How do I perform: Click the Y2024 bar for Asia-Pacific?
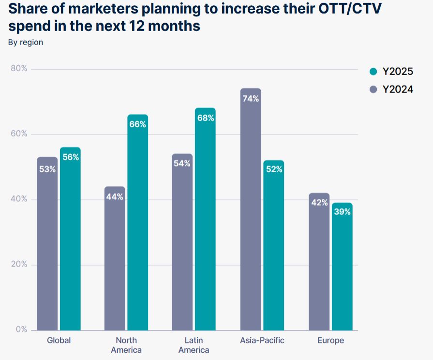point(251,218)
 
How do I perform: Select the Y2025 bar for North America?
point(138,232)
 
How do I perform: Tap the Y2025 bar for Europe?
point(342,271)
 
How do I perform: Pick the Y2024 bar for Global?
point(47,252)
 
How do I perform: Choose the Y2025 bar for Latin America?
point(205,227)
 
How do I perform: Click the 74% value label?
point(251,99)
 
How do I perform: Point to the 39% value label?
point(342,211)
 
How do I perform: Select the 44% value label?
point(115,197)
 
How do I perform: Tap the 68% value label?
point(205,118)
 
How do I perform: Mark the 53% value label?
point(47,169)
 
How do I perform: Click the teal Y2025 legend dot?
point(373,72)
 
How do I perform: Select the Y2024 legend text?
point(398,90)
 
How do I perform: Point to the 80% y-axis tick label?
point(19,69)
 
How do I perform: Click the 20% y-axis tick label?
point(19,265)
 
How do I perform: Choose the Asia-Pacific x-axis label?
point(262,340)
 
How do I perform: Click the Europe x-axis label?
point(330,340)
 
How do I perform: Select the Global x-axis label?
point(59,340)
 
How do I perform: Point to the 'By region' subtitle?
point(26,42)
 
